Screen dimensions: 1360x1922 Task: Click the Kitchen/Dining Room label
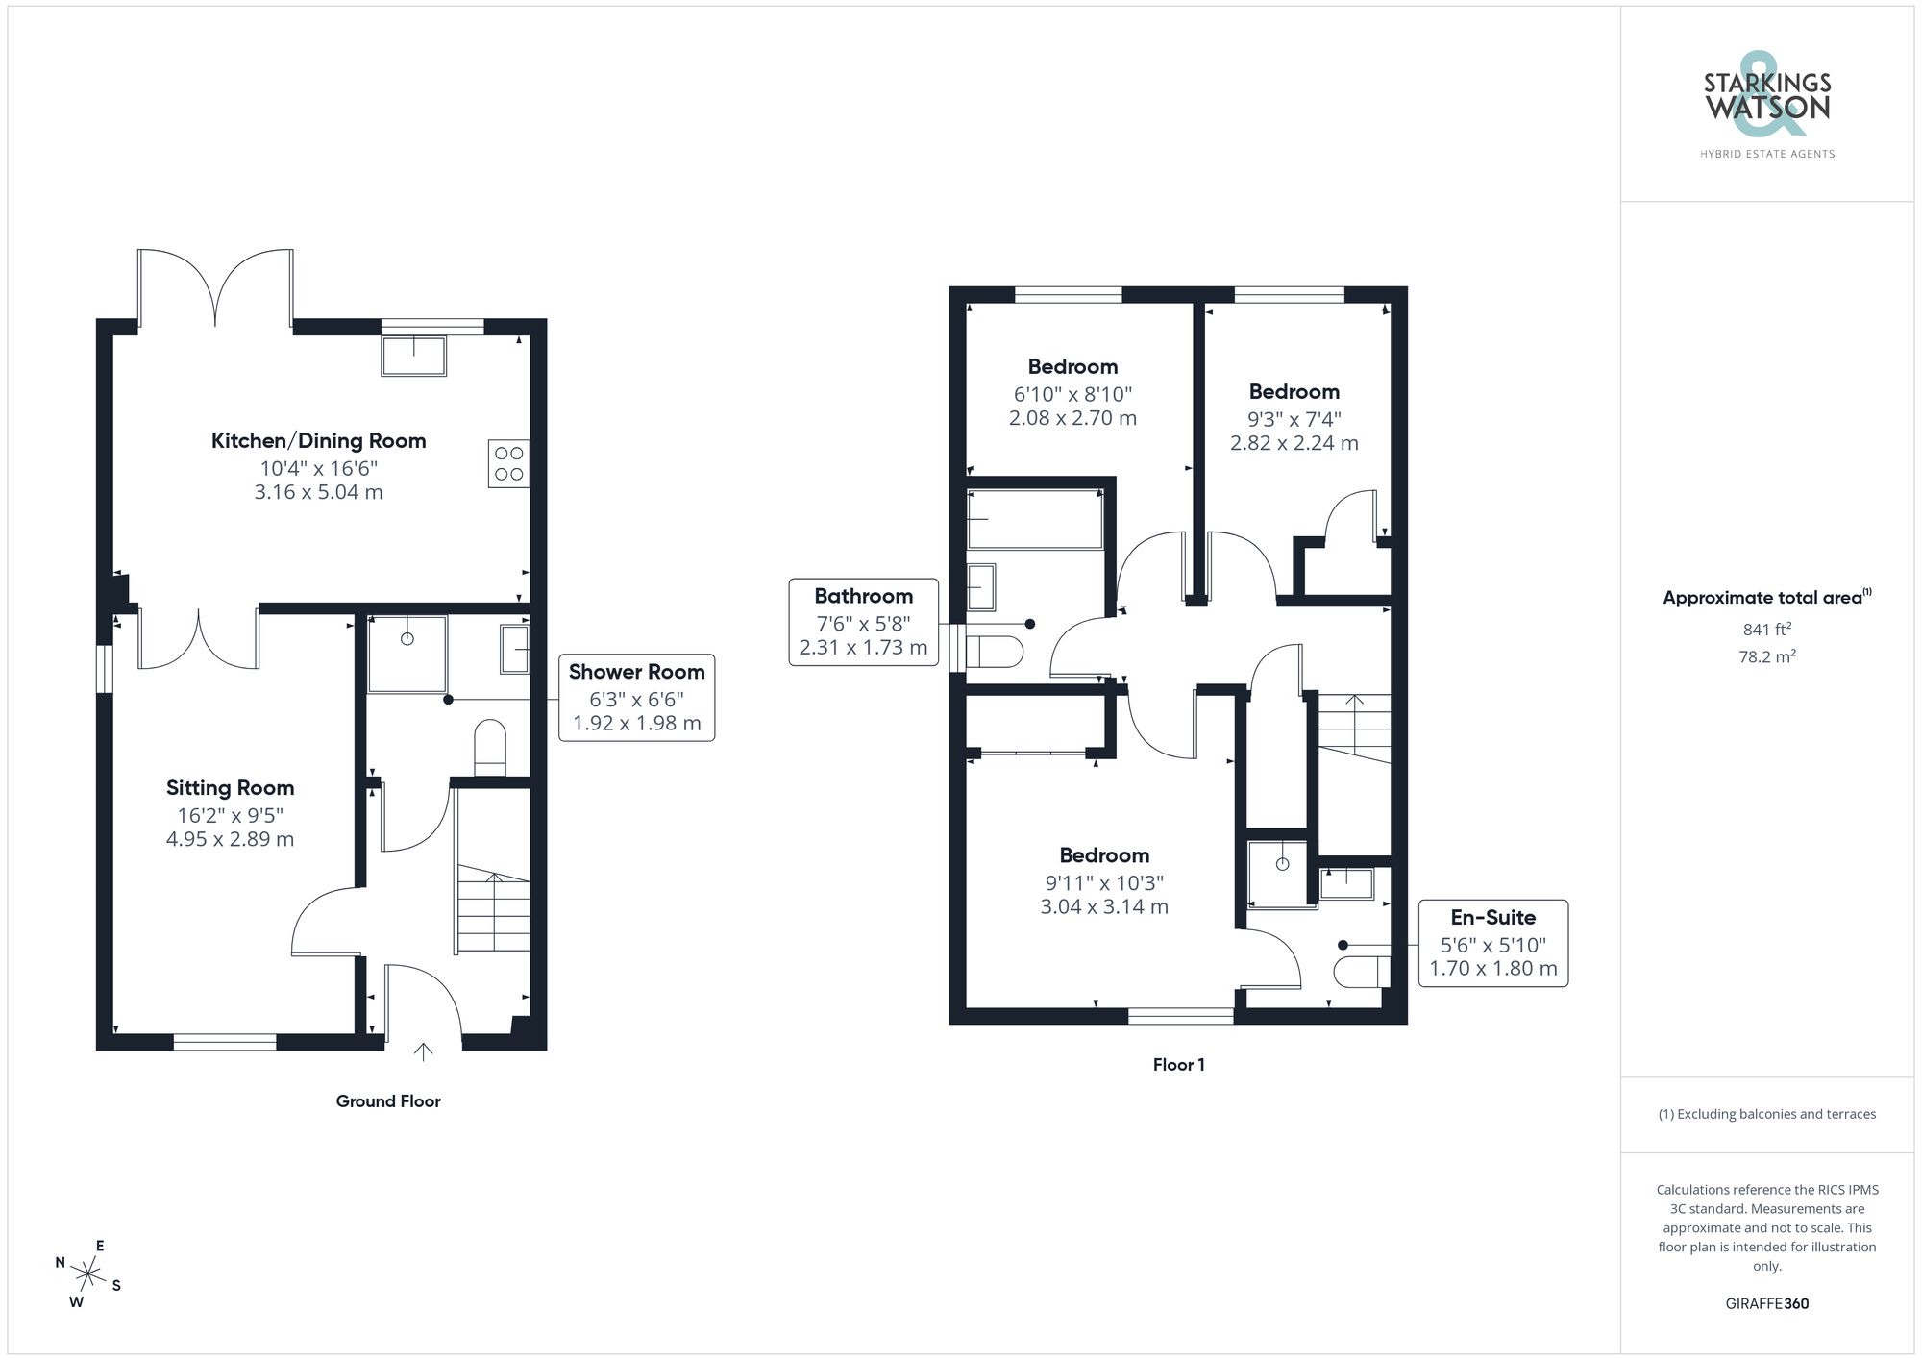(x=318, y=441)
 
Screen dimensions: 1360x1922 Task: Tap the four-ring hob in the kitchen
(x=508, y=463)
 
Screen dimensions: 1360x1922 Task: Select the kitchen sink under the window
(x=414, y=356)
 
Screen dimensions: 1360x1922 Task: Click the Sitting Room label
(x=230, y=788)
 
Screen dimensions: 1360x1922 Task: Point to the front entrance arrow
(x=423, y=1051)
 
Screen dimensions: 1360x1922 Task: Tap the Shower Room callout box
(x=636, y=698)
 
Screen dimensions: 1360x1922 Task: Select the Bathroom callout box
(x=863, y=622)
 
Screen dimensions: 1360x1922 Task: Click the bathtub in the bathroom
(x=1034, y=520)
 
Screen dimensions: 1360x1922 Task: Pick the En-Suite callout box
(x=1492, y=943)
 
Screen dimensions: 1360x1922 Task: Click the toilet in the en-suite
(x=1361, y=972)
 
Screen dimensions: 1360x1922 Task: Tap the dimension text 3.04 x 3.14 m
(x=1104, y=906)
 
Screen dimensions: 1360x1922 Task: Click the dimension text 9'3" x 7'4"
(x=1294, y=419)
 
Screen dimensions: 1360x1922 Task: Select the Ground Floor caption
(x=388, y=1101)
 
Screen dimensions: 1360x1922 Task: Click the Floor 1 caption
(x=1178, y=1065)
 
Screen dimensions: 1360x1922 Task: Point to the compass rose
(x=87, y=1275)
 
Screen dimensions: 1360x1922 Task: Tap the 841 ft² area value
(x=1766, y=631)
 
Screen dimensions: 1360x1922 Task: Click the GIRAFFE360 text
(x=1766, y=1304)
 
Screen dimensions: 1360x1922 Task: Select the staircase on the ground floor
(x=493, y=908)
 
